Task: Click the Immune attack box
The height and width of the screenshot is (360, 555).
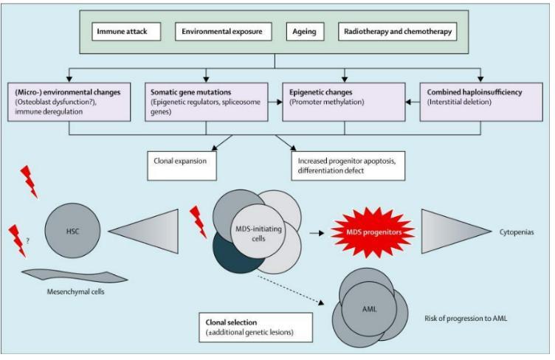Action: click(125, 32)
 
